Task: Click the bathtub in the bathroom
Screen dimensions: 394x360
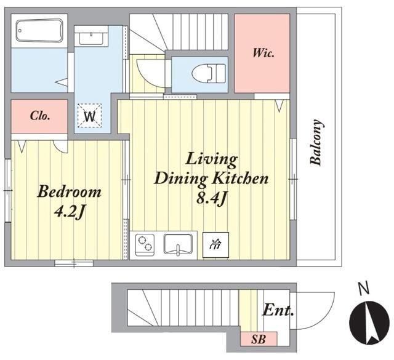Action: (39, 31)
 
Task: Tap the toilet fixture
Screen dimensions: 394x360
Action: (209, 73)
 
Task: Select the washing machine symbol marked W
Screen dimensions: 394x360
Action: (89, 116)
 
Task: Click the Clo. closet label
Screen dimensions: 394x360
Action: (39, 116)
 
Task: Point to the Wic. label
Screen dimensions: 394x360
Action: (263, 53)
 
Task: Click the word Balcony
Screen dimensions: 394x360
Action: (316, 142)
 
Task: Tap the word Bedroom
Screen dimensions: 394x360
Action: (69, 191)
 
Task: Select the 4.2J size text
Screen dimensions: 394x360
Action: (69, 212)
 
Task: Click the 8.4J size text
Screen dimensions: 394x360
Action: (212, 199)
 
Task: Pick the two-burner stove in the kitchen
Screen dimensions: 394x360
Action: (145, 245)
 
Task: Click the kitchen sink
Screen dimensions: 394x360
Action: (178, 244)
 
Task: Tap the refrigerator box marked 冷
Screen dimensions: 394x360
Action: (215, 245)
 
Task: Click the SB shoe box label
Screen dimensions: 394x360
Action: (259, 340)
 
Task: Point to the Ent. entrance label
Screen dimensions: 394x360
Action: (278, 311)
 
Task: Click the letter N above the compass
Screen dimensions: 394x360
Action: (364, 289)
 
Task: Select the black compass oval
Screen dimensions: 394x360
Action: (369, 322)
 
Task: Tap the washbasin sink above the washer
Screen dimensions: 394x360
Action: (90, 39)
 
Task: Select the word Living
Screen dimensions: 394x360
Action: (211, 159)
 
